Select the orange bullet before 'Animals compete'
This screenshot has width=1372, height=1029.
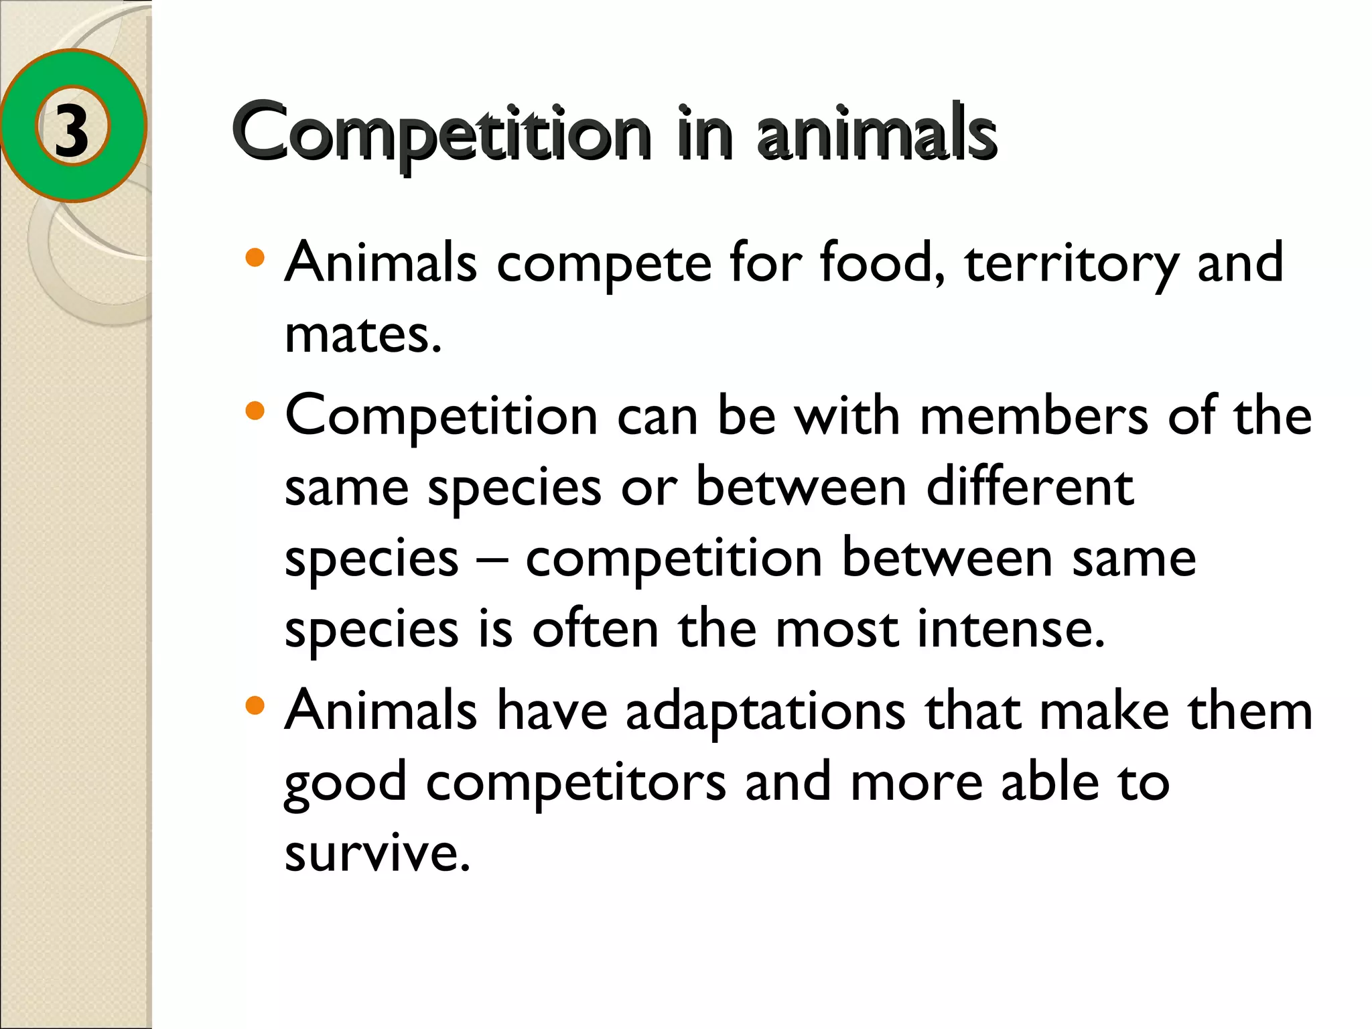pos(255,258)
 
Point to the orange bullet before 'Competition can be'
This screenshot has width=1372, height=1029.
pos(255,411)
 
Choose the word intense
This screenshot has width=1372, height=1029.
pos(1011,629)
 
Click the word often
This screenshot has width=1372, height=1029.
pos(596,629)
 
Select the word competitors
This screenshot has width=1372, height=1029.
pos(576,782)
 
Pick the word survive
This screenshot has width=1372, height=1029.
pos(377,852)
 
